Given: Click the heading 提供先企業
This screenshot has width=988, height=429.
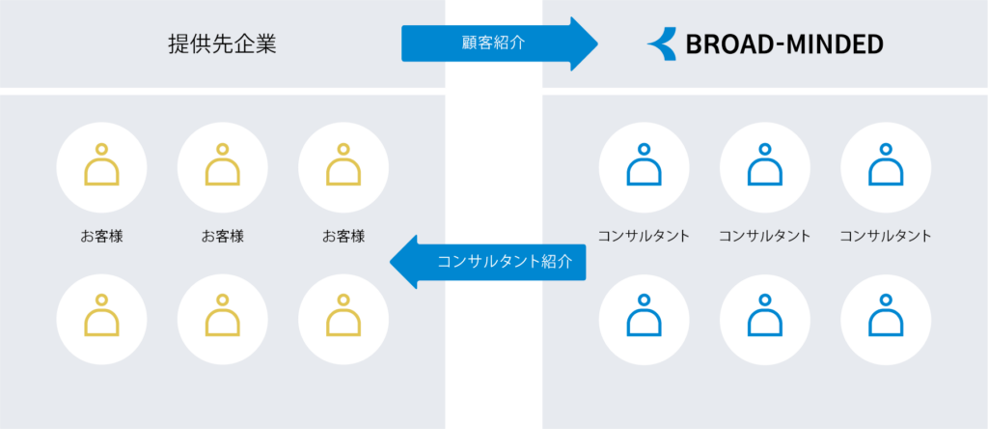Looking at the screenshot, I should click(x=221, y=44).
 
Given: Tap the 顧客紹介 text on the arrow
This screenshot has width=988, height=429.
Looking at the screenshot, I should click(x=487, y=43).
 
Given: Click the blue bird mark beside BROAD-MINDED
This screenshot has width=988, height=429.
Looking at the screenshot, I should click(x=663, y=44).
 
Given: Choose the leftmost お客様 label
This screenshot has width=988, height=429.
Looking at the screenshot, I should click(x=101, y=236).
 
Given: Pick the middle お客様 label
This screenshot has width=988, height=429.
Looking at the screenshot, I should click(x=222, y=236).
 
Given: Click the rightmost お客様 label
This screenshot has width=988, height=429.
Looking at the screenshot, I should click(x=343, y=236).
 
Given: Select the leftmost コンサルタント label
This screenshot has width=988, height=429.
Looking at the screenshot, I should click(x=644, y=236).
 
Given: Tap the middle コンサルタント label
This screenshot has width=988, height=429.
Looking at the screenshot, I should click(x=764, y=236).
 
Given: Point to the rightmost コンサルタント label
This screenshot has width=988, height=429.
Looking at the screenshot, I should click(x=886, y=236).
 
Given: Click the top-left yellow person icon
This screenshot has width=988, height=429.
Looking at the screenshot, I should click(x=101, y=166).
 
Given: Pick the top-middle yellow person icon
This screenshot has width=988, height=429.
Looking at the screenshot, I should click(x=222, y=166).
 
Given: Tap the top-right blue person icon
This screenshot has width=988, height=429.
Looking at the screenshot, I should click(x=886, y=166).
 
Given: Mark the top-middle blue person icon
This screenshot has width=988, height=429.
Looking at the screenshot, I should click(x=764, y=166).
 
